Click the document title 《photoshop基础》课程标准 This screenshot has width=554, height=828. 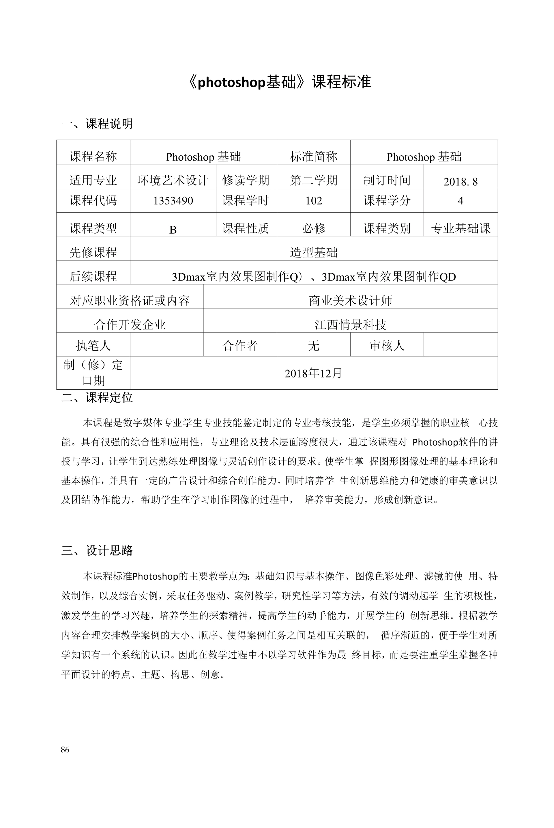click(279, 82)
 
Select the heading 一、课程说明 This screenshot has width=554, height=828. click(97, 124)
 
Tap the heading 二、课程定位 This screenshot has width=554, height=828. click(97, 398)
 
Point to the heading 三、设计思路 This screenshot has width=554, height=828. click(97, 550)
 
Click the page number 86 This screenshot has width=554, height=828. click(65, 749)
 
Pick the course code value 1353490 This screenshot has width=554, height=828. click(173, 201)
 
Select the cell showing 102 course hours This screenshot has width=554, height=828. click(314, 201)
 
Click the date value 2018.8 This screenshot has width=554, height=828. click(461, 181)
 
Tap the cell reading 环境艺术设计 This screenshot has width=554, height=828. click(173, 180)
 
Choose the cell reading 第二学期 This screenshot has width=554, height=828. click(314, 180)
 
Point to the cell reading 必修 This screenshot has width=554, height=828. click(314, 228)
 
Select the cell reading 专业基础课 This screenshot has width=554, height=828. click(461, 228)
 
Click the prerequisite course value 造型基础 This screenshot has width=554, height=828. click(314, 252)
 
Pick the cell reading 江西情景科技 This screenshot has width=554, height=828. click(351, 325)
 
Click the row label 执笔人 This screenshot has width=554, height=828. click(93, 345)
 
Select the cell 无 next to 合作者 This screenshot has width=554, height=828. click(314, 345)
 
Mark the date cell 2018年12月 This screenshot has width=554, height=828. click(314, 373)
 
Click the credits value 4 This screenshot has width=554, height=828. click(461, 201)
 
